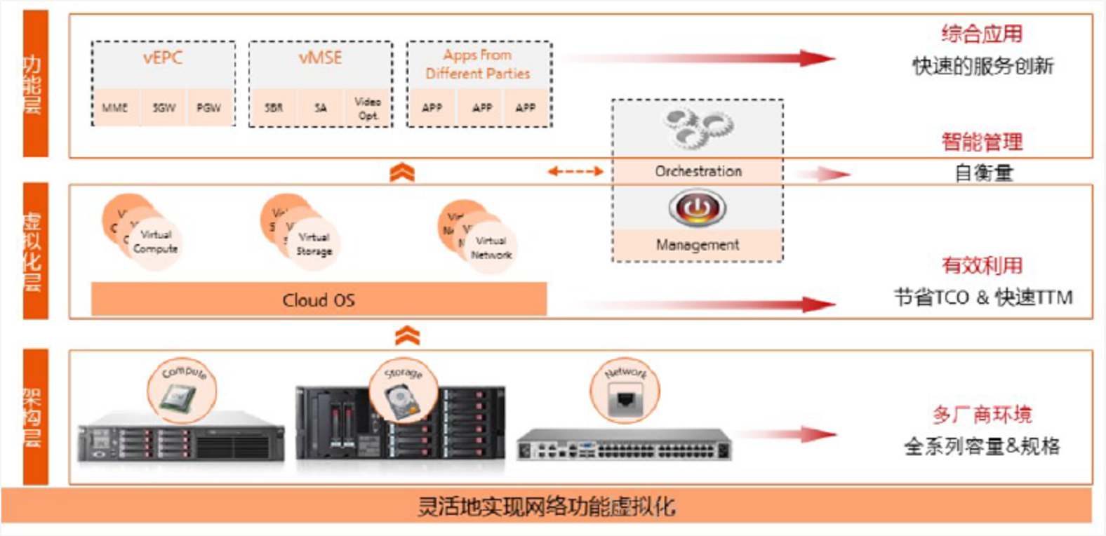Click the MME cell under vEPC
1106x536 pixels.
pos(115,107)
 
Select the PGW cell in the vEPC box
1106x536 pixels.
pos(208,107)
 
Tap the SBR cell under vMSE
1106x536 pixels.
pos(274,107)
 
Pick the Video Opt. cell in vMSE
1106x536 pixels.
pos(367,108)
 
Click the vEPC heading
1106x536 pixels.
pos(163,58)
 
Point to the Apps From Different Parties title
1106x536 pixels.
pos(478,64)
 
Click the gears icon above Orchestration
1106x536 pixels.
pos(698,128)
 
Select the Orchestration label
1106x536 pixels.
pos(698,170)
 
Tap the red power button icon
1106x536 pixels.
pos(697,208)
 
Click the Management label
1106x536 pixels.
pos(698,245)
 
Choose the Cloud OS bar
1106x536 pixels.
pos(319,300)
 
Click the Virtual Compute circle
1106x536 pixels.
pos(155,241)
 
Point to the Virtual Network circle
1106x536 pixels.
pos(491,248)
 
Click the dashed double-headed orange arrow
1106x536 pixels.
pos(575,171)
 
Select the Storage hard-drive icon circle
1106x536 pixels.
pos(404,392)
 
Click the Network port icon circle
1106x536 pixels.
pos(625,393)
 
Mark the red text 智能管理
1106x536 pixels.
pos(982,142)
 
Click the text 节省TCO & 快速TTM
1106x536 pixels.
pos(982,297)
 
